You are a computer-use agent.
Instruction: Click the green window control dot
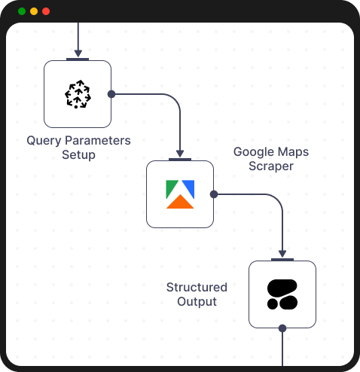point(22,11)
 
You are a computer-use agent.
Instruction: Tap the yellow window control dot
point(34,11)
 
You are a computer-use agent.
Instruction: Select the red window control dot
point(46,11)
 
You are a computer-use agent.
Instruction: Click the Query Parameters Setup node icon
point(78,94)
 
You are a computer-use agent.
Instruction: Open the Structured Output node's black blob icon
point(282,294)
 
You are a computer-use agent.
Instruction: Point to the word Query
point(41,141)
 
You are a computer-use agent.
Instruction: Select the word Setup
point(78,155)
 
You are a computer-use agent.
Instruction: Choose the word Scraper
point(271,166)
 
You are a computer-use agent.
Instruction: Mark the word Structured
point(197,288)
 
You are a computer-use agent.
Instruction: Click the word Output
point(197,302)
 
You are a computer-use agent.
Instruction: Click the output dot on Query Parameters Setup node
point(111,94)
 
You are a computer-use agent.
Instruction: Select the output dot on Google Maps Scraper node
point(214,194)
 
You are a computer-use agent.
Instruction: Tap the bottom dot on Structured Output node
point(282,328)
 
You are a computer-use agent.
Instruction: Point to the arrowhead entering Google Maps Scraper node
point(180,154)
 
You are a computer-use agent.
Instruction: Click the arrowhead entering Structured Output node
point(282,254)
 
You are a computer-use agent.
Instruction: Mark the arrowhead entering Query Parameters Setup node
point(78,53)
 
